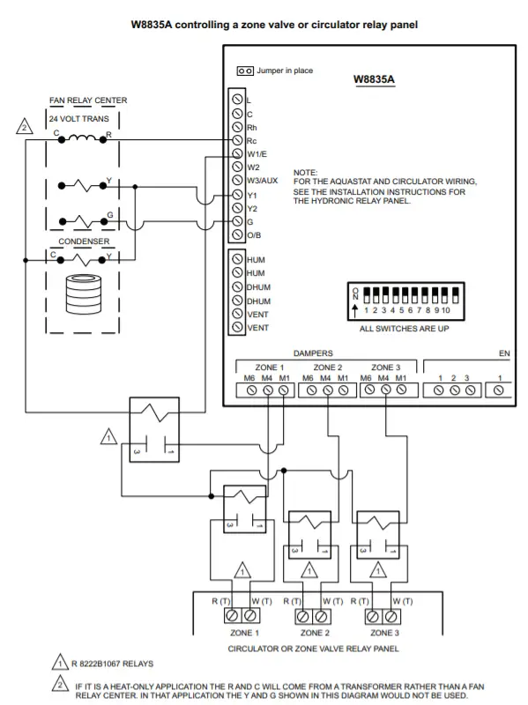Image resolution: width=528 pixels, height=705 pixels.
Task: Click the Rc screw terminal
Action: pos(237,140)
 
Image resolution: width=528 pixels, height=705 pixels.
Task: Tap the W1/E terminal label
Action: pos(257,154)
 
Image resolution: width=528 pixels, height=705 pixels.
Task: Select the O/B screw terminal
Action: pos(237,234)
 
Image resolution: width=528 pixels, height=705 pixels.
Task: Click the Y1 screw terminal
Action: pos(237,194)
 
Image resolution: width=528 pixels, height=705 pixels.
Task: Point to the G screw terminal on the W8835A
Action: pos(237,221)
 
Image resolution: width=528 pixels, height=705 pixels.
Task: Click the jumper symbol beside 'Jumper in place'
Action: pos(245,71)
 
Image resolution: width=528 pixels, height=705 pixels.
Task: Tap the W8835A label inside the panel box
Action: pos(375,79)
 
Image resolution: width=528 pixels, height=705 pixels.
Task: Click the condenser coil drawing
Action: pos(83,293)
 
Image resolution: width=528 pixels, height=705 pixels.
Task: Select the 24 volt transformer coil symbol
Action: pos(82,138)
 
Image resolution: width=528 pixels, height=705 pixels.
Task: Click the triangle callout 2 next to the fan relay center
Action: pos(25,127)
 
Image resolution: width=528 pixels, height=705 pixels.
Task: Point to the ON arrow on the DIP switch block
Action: pos(355,310)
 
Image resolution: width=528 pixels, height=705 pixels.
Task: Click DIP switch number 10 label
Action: pos(446,310)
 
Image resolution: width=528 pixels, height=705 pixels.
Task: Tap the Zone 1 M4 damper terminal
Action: pos(268,390)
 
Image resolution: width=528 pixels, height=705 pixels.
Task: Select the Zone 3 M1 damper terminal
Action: pos(401,390)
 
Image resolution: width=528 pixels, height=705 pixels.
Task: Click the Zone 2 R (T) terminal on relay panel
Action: pos(302,616)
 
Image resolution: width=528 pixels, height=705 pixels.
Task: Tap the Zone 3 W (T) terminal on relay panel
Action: pos(391,616)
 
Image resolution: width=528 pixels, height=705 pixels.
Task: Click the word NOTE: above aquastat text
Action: pos(305,173)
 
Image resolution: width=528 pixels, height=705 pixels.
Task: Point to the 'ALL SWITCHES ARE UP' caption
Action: pos(405,329)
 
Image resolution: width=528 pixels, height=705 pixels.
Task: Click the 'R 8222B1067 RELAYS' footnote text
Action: pos(113,664)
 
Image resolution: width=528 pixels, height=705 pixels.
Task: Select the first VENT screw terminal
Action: pos(237,314)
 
